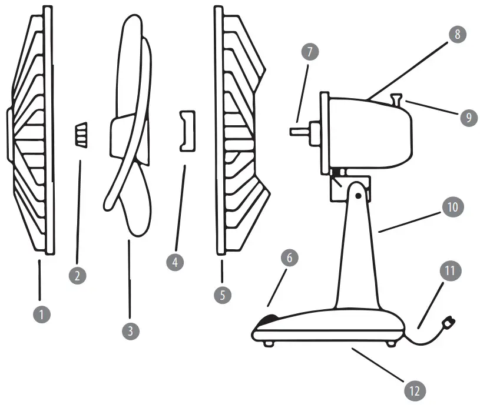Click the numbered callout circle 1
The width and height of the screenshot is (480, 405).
coord(41,314)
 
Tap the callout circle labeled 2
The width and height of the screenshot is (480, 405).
coord(76,275)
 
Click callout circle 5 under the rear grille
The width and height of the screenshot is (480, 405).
coord(222,294)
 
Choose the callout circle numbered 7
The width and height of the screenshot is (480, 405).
coord(308,52)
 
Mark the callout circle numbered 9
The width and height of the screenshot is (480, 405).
coord(468,117)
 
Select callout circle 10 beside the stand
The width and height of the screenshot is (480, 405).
coord(453,207)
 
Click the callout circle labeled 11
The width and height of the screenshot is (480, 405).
coord(450,271)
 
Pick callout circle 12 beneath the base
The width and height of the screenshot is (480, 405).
coord(415,390)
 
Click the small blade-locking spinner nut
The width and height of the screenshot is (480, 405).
coord(81,135)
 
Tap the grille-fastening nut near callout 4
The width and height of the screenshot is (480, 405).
coord(186,129)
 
